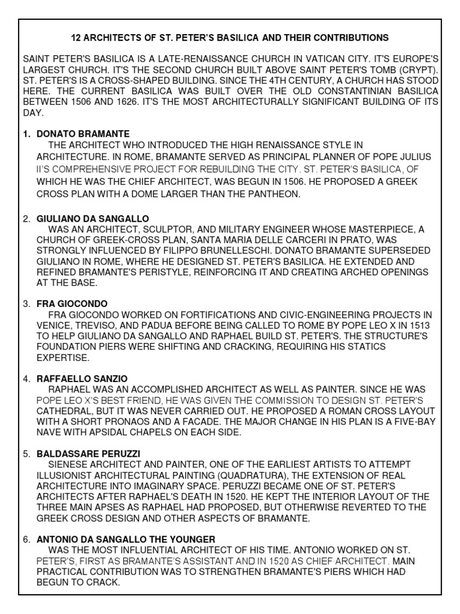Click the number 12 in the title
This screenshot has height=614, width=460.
tap(76, 38)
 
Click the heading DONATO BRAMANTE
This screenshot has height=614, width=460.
tap(83, 134)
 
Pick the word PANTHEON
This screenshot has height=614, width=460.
tap(271, 194)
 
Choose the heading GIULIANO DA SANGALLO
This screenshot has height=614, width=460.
tap(93, 218)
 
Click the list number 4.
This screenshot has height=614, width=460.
tap(26, 379)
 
